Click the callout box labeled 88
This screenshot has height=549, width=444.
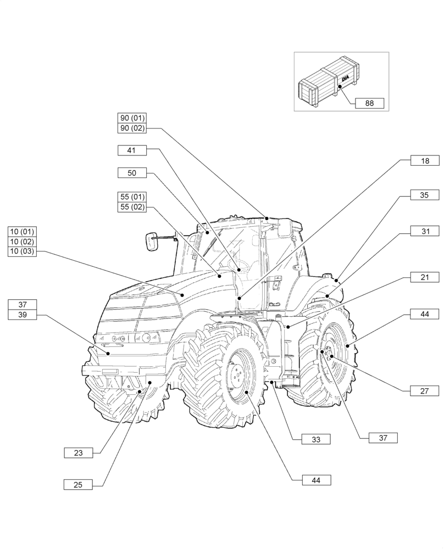(x=369, y=102)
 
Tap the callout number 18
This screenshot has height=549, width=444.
(x=425, y=160)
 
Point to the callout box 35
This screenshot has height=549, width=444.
(x=425, y=195)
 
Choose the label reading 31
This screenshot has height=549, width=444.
(x=425, y=232)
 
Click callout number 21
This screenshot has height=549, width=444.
(x=425, y=278)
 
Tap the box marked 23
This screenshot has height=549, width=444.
(x=78, y=453)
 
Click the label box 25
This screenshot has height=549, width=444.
(x=78, y=484)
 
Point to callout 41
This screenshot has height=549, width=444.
(x=131, y=150)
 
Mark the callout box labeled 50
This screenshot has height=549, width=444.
(x=131, y=173)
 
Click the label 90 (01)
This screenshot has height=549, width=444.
(x=132, y=118)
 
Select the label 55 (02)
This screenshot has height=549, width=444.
(x=132, y=206)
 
